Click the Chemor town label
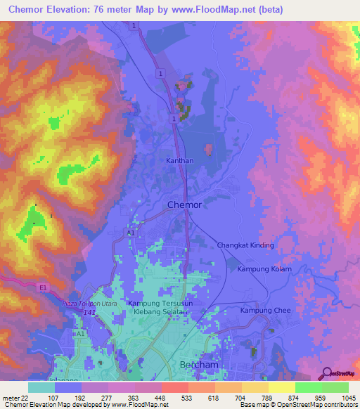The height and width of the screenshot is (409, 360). point(184,205)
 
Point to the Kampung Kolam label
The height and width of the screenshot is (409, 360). point(264,269)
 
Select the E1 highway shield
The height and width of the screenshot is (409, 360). point(43,287)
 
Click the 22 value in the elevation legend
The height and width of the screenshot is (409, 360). point(29,397)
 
